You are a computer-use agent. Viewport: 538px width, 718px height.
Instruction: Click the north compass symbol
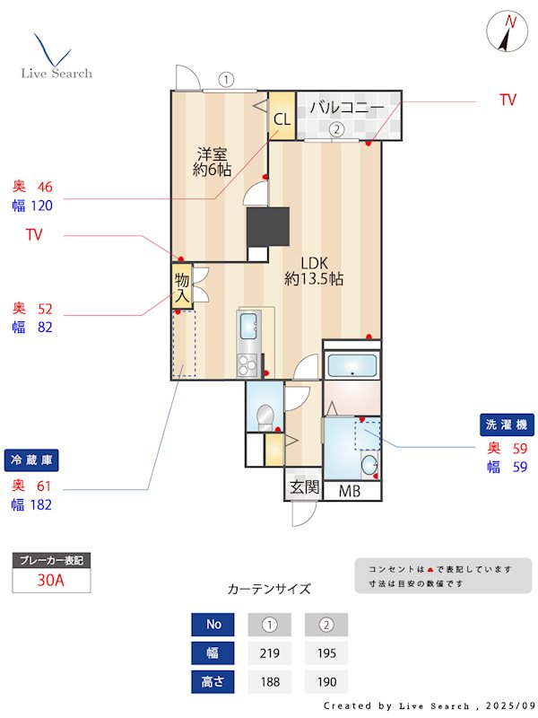(x=508, y=32)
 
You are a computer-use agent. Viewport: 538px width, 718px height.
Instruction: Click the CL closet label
(x=282, y=118)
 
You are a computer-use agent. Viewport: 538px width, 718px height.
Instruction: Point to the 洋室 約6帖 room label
(x=214, y=159)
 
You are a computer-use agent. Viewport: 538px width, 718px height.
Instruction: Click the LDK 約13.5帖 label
(x=314, y=270)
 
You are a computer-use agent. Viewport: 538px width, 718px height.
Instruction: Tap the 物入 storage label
(x=182, y=286)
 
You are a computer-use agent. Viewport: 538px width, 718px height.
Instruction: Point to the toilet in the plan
(x=265, y=416)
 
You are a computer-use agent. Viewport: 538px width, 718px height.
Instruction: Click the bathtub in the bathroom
(x=351, y=365)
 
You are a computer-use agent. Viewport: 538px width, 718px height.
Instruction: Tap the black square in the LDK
(x=268, y=226)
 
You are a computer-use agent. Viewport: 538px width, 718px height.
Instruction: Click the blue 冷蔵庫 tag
(x=31, y=460)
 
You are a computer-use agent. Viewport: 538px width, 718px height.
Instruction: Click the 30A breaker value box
(x=51, y=580)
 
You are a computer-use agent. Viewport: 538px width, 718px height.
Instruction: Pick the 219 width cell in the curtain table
(x=268, y=652)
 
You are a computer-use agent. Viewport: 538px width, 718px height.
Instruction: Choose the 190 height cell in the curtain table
(x=326, y=682)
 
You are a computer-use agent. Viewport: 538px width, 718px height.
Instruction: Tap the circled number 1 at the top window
(x=227, y=79)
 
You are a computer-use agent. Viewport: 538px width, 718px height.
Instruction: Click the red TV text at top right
(x=508, y=101)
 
